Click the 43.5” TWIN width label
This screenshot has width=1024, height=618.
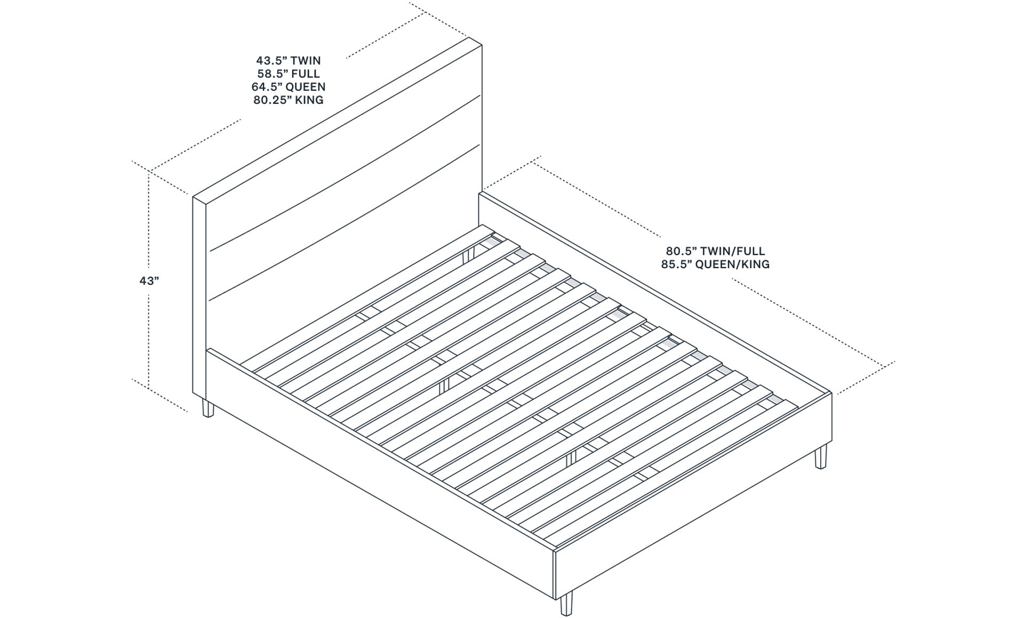pyautogui.click(x=288, y=61)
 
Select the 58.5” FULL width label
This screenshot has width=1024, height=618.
pyautogui.click(x=288, y=74)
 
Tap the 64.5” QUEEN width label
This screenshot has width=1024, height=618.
pyautogui.click(x=288, y=86)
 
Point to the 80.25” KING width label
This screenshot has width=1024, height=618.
pyautogui.click(x=288, y=100)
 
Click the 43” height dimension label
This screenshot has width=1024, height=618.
pyautogui.click(x=149, y=280)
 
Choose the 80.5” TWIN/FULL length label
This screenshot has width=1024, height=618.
pyautogui.click(x=715, y=251)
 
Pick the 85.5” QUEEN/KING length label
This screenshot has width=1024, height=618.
pyautogui.click(x=715, y=264)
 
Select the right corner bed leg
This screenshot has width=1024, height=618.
pyautogui.click(x=821, y=456)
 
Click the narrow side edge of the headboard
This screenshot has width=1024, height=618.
pyautogui.click(x=199, y=299)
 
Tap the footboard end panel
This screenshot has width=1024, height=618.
pyautogui.click(x=693, y=496)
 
